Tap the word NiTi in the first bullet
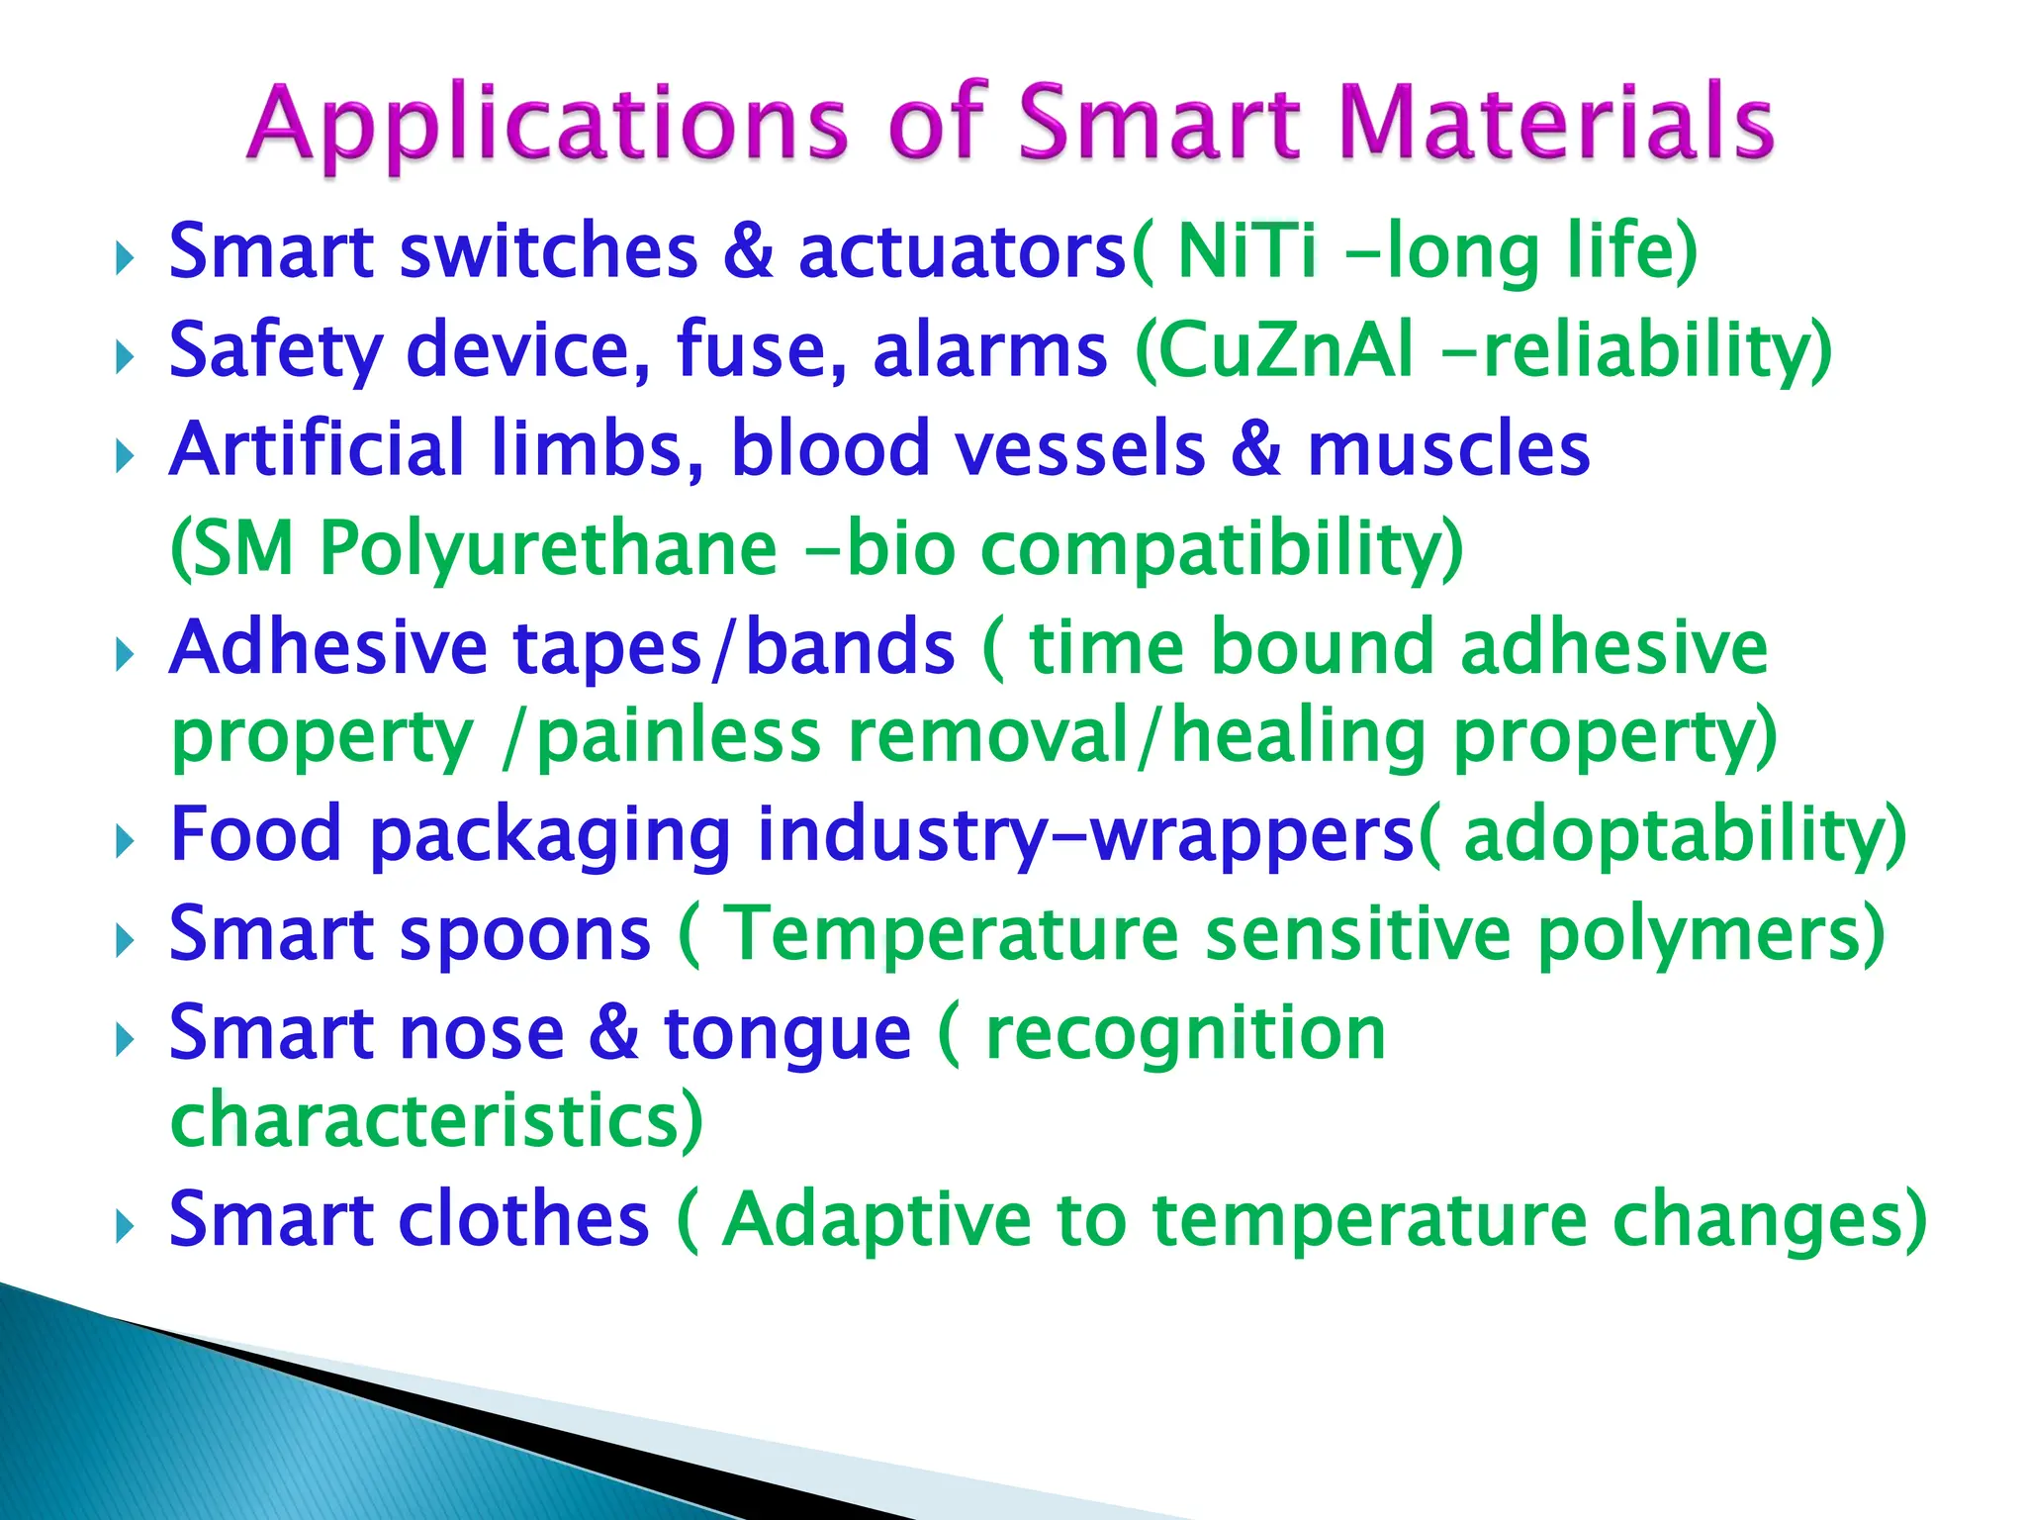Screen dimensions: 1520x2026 [1247, 251]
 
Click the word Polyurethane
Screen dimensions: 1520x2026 [548, 550]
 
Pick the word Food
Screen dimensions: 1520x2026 [256, 834]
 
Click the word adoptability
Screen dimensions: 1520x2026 [1672, 834]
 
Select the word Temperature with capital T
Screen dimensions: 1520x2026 [952, 934]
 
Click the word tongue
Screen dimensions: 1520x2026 [787, 1034]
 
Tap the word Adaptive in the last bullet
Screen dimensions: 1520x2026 [875, 1219]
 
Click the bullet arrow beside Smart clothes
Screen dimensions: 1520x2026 [124, 1227]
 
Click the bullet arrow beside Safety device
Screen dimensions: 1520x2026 [124, 357]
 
